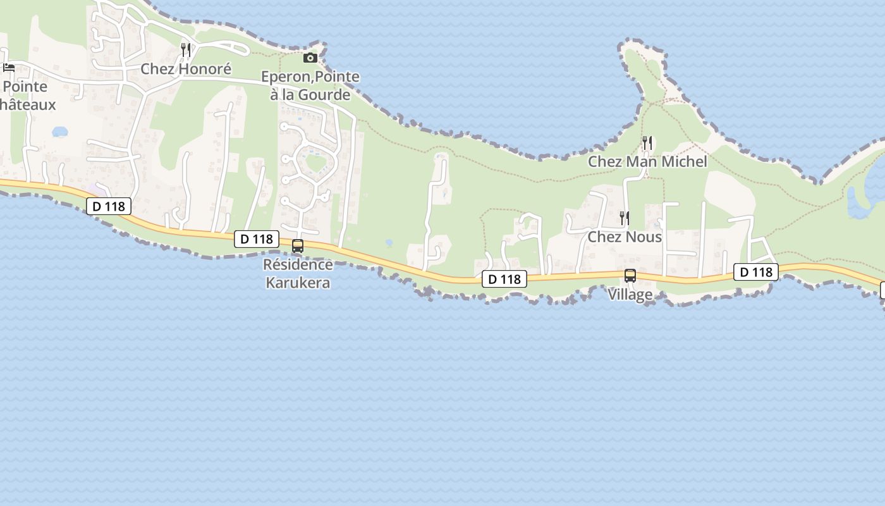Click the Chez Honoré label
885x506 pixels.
(x=186, y=69)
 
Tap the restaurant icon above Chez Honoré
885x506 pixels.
(x=185, y=49)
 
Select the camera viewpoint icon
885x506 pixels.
(x=310, y=58)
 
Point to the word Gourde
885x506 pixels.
(x=327, y=95)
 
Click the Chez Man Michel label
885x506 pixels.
(x=647, y=162)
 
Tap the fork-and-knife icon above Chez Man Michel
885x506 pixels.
(x=647, y=142)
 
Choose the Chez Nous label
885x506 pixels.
(x=625, y=237)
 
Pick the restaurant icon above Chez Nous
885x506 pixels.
(x=624, y=218)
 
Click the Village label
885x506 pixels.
(x=630, y=295)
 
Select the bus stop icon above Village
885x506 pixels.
(x=630, y=276)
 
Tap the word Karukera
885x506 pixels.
(x=298, y=283)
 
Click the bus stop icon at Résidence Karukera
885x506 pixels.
(x=297, y=246)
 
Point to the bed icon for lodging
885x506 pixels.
(x=9, y=68)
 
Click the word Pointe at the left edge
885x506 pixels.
(x=25, y=87)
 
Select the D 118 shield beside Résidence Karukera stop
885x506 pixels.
(x=257, y=239)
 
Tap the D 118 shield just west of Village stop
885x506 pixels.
(x=504, y=279)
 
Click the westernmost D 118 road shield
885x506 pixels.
(x=109, y=206)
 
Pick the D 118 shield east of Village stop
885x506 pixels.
(x=755, y=272)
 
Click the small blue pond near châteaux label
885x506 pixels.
(x=59, y=132)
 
